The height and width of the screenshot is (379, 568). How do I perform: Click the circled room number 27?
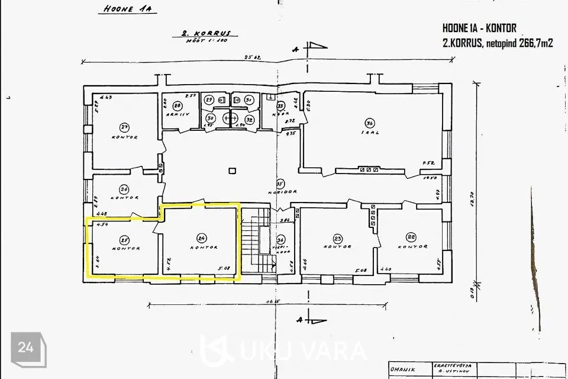124,126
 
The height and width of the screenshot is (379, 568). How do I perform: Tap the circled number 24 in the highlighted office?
202,237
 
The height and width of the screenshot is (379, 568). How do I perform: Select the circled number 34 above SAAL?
370,123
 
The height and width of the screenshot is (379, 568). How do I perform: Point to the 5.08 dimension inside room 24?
224,267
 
